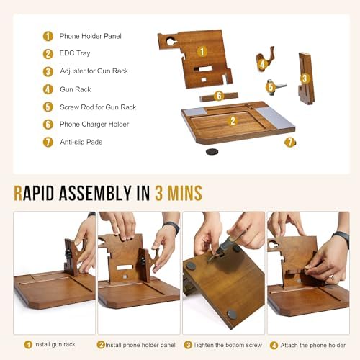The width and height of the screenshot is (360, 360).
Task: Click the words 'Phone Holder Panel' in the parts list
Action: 90,36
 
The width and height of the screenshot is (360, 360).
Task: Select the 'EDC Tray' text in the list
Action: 75,53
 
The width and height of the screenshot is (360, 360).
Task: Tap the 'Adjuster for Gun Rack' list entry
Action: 94,71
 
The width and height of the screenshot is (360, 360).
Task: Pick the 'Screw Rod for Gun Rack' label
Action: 98,107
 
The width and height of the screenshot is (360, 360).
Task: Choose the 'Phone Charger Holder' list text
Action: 94,125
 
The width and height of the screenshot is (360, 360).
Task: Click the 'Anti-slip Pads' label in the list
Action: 81,142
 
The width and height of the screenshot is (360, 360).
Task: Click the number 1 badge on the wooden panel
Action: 202,51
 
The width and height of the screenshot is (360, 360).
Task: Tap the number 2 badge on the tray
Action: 233,121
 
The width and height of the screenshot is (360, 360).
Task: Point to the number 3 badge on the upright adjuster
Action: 305,78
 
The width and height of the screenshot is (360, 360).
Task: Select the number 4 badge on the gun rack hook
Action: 262,64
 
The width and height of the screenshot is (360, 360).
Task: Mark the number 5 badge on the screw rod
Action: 271,86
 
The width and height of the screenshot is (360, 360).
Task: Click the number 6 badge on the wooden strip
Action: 219,96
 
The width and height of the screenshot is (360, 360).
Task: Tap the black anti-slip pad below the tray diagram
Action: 212,151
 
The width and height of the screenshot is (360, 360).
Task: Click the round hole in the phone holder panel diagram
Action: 171,42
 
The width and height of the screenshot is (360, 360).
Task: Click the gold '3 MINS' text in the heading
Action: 179,193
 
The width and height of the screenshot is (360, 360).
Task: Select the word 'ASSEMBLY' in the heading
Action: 95,193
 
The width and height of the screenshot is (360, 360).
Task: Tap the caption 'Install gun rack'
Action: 55,344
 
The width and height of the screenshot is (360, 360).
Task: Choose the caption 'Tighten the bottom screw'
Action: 228,345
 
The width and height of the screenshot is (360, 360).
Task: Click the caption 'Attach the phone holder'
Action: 313,345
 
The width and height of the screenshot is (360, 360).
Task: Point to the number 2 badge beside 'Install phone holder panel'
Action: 101,345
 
